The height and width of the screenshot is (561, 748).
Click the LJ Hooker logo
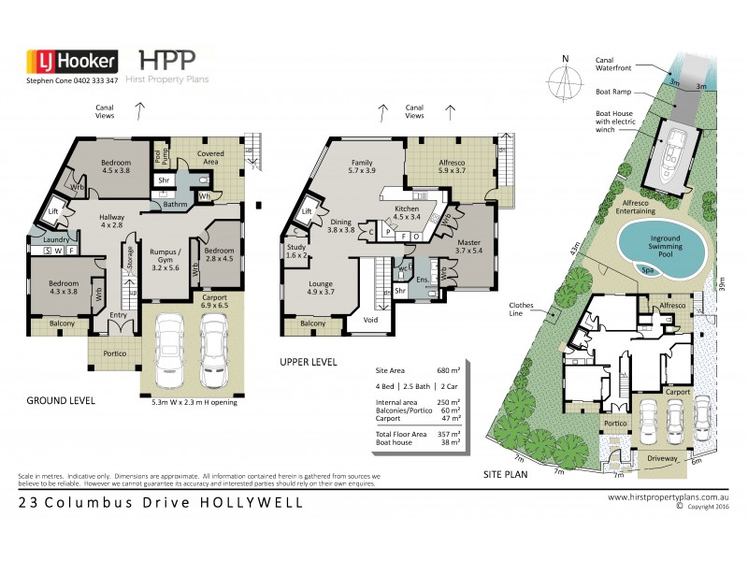tap(71, 61)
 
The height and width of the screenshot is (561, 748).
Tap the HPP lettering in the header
tap(167, 59)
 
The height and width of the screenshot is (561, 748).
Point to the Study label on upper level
tap(296, 251)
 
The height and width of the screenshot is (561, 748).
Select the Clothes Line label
tap(521, 309)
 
